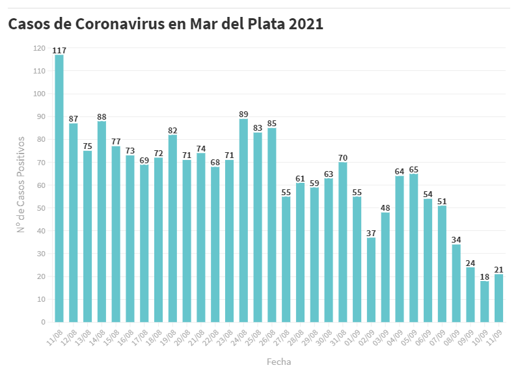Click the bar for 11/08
(x=59, y=189)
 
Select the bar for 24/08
(x=243, y=220)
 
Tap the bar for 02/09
(x=371, y=280)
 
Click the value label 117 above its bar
(x=59, y=50)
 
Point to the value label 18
(x=485, y=276)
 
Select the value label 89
(x=243, y=114)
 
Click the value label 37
(x=371, y=233)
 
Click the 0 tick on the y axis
(x=43, y=322)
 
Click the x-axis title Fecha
(x=279, y=361)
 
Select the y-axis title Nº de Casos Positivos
(x=21, y=185)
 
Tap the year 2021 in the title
(x=306, y=25)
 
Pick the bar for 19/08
(x=172, y=228)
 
